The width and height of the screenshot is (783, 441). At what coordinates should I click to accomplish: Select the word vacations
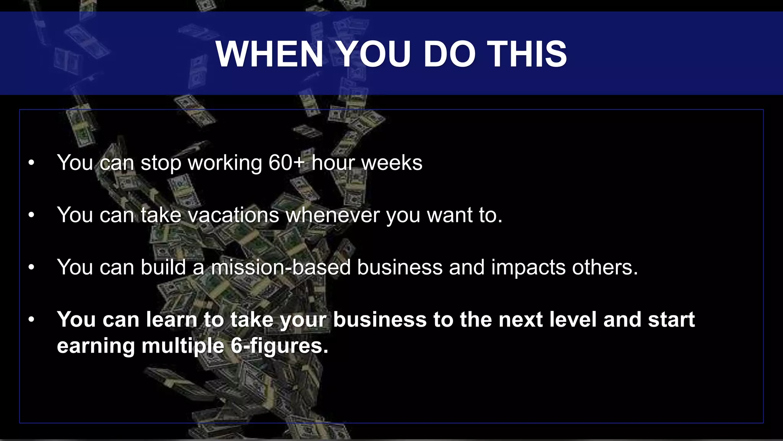pos(233,215)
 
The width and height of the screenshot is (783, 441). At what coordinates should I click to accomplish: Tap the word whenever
pos(333,215)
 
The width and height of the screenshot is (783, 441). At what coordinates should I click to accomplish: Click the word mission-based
pos(281,267)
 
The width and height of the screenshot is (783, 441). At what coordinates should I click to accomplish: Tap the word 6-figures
pos(279,346)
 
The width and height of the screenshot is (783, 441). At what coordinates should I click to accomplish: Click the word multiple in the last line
pos(183,346)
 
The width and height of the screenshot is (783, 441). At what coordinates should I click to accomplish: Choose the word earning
pos(96,346)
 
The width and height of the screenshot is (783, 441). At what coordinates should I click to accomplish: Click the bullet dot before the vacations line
pos(31,215)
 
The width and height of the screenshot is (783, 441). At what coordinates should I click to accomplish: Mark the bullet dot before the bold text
pos(31,320)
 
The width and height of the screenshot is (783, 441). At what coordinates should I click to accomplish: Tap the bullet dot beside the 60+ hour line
pos(31,163)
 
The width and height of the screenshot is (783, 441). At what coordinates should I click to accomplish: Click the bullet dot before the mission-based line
pos(31,268)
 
